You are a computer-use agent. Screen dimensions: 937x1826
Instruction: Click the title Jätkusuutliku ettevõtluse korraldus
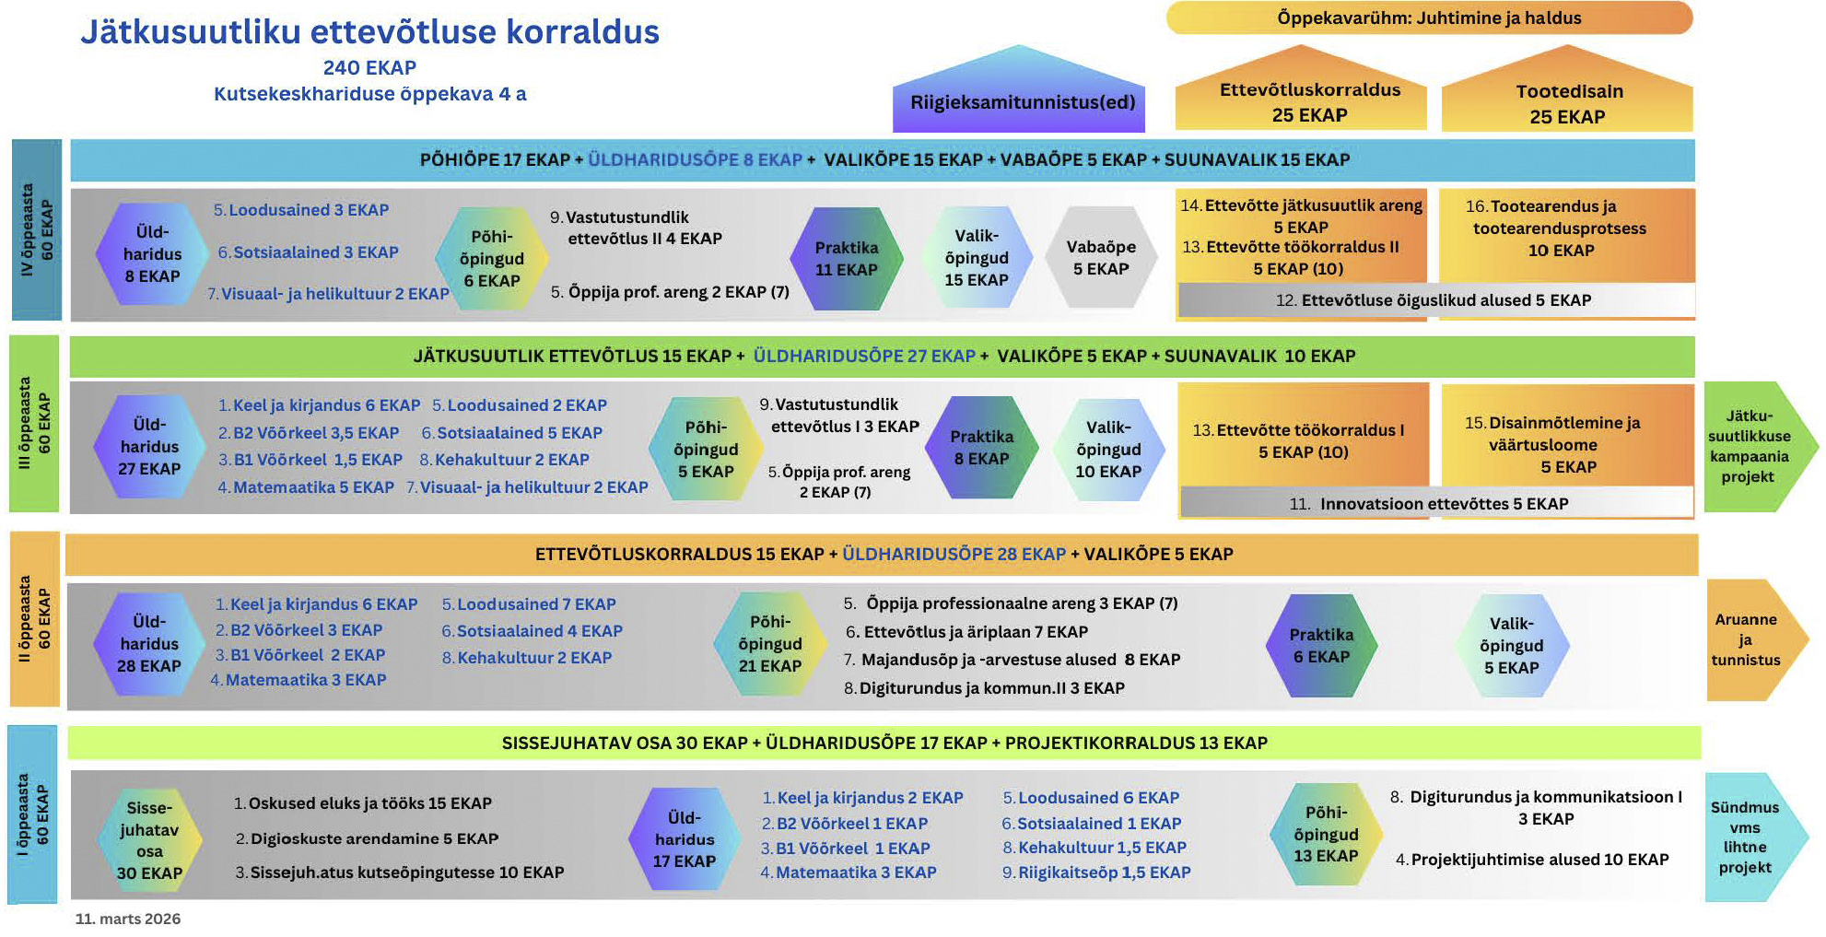[x=369, y=32]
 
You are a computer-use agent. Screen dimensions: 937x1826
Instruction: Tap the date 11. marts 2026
[x=128, y=919]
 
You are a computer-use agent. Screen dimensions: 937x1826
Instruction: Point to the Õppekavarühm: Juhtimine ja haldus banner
[x=1428, y=18]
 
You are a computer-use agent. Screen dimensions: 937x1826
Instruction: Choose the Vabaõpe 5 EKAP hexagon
[x=1100, y=258]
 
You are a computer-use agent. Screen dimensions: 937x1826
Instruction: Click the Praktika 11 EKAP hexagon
[x=846, y=259]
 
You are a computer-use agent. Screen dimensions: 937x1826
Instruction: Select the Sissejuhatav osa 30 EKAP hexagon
[x=149, y=840]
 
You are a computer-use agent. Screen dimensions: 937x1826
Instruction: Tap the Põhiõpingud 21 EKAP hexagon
[x=769, y=644]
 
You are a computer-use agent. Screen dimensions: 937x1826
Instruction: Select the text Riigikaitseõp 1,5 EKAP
[x=1104, y=873]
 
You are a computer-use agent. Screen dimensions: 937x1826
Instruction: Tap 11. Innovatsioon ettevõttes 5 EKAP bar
[x=1435, y=504]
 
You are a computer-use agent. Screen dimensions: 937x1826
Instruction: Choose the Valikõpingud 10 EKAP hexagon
[x=1107, y=450]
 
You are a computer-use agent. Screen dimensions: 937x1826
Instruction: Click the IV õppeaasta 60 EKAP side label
[x=37, y=229]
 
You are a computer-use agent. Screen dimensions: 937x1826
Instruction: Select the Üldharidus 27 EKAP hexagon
[x=149, y=447]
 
